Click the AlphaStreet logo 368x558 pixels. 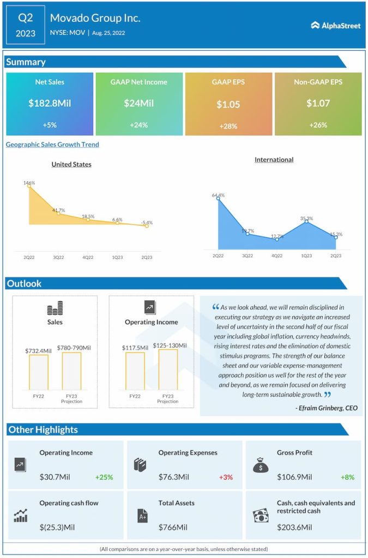pos(336,25)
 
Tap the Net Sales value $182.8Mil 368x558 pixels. pos(50,102)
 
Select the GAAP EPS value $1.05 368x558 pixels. pos(228,104)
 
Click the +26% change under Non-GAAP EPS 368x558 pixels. pos(317,125)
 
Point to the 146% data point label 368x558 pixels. pos(29,183)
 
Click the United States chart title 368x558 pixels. pos(71,164)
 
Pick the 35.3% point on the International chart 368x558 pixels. pos(307,221)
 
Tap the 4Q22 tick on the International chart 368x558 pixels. pos(277,256)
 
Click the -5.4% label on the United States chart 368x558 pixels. pos(147,222)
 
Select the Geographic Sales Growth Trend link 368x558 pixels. pos(52,144)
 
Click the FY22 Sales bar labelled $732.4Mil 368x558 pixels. pos(39,372)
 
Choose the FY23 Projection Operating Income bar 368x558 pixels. pos(168,369)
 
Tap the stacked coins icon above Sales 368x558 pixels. pos(55,308)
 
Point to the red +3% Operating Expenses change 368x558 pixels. pos(226,477)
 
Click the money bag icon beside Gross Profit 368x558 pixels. pos(260,465)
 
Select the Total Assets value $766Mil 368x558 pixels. pos(173,527)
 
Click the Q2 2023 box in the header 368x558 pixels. pos(25,25)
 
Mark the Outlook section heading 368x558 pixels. pos(24,283)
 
